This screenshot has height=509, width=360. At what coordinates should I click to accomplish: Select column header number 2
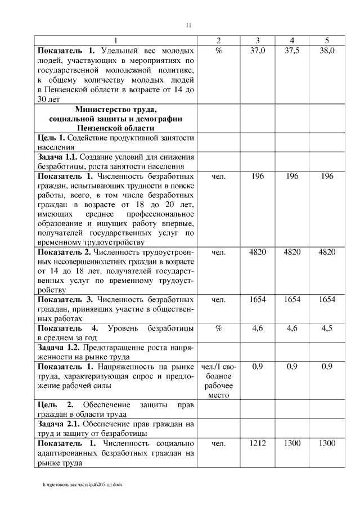219,40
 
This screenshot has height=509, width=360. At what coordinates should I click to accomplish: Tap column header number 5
326,40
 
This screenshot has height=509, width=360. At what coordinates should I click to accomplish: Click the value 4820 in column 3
257,252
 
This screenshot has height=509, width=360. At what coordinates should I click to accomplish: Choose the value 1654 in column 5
326,300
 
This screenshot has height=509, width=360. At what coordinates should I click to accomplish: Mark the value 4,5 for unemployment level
326,328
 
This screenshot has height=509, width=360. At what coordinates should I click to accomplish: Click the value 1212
257,444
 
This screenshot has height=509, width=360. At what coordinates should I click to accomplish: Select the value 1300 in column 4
292,444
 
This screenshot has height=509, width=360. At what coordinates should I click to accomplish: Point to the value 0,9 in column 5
326,366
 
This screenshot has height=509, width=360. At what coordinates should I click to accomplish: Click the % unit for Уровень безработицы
219,328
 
